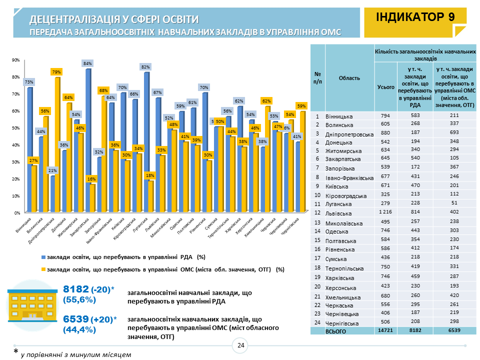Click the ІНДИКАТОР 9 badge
point(415,17)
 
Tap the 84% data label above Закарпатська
point(87,63)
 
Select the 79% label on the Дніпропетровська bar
point(56,72)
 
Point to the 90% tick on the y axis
point(16,60)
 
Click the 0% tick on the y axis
point(17,212)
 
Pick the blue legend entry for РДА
point(123,257)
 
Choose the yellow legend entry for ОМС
point(162,269)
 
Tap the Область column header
point(349,78)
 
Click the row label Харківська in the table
point(342,277)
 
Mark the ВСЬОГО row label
point(336,331)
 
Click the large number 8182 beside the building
point(76,289)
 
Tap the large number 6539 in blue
point(75,319)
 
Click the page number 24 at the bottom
point(240,345)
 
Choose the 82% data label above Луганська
point(145,66)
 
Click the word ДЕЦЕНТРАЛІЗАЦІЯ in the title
point(75,19)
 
